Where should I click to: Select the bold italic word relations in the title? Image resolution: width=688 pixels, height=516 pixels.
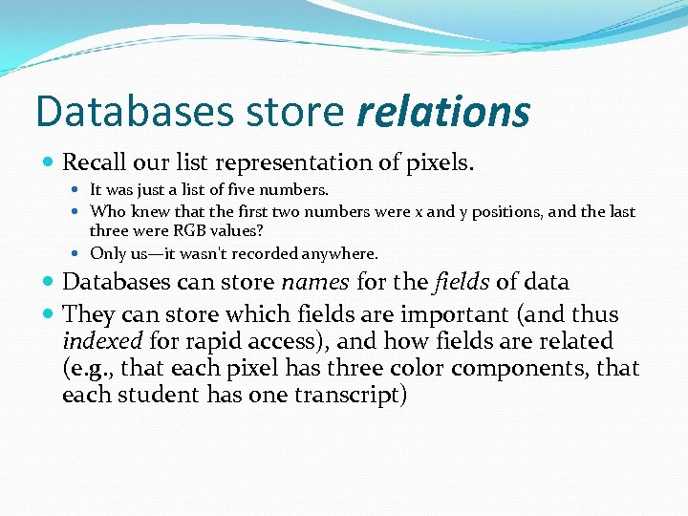[x=442, y=112]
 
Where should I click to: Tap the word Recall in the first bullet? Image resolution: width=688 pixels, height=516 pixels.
[x=96, y=162]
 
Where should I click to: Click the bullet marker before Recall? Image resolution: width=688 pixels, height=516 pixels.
[x=50, y=163]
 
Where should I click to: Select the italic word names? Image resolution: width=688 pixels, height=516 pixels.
[x=312, y=282]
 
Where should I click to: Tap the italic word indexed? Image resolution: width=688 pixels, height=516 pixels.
[x=99, y=341]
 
